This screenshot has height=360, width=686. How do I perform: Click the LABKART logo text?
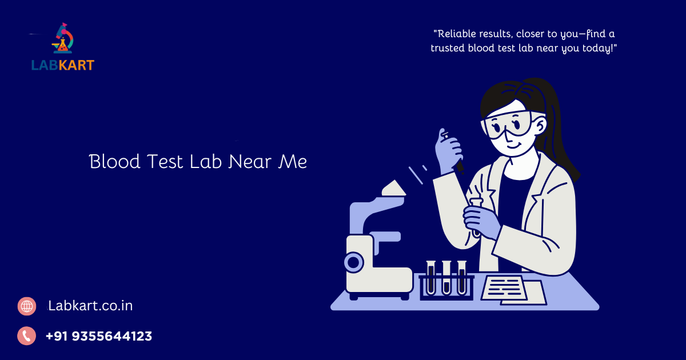(62, 65)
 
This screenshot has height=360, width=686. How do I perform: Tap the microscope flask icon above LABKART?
(63, 39)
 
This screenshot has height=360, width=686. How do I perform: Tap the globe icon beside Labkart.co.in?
(27, 306)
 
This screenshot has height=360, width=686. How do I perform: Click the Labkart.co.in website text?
(90, 306)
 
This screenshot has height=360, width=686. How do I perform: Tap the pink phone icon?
(27, 336)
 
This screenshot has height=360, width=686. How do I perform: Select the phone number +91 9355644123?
(99, 336)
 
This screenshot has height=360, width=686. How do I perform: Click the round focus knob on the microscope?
(353, 263)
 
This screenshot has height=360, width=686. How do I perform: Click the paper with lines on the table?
(503, 287)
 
